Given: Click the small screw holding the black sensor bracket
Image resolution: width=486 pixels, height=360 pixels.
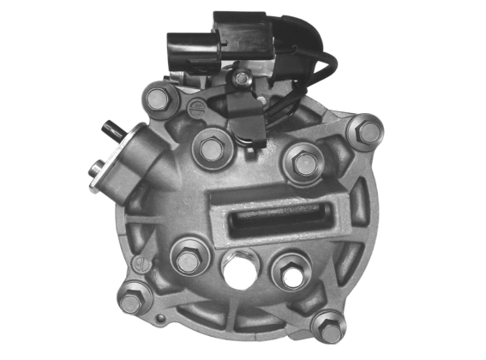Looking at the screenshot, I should coord(242,79).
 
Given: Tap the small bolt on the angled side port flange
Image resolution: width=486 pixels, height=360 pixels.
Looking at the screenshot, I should coord(99,169).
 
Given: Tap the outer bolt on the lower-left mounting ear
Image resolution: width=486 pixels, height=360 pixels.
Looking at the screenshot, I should coord(131,302).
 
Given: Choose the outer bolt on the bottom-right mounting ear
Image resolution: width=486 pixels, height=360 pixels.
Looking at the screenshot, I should coord(327,327).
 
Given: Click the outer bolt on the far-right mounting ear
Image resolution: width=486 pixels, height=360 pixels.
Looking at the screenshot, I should coord(368,132).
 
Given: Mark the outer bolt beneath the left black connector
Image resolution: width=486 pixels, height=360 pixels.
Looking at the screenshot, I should coord(157,99).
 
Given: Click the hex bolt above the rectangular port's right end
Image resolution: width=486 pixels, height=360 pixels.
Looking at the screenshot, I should coord(303,163).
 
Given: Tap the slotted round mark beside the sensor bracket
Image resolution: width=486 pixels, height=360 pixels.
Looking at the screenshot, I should coord(197,107).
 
